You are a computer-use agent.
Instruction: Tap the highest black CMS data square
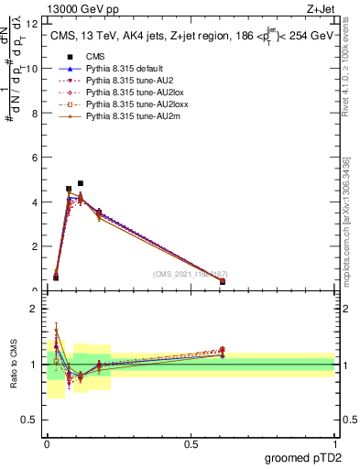pos(81,183)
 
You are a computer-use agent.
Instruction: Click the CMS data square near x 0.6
pos(223,281)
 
